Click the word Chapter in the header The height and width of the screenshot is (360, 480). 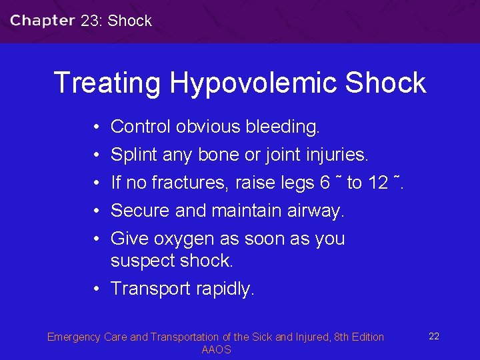pyautogui.click(x=43, y=20)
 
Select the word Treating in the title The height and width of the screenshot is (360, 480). pyautogui.click(x=107, y=83)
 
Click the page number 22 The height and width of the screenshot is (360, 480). pyautogui.click(x=433, y=336)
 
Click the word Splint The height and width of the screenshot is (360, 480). pyautogui.click(x=134, y=155)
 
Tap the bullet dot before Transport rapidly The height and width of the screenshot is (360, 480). pyautogui.click(x=97, y=289)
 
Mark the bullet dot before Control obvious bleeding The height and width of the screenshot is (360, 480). pyautogui.click(x=97, y=127)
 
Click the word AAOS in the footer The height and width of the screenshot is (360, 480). pyautogui.click(x=216, y=350)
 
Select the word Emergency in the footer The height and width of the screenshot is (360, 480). pyautogui.click(x=73, y=337)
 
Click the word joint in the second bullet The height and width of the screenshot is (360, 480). pyautogui.click(x=285, y=155)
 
